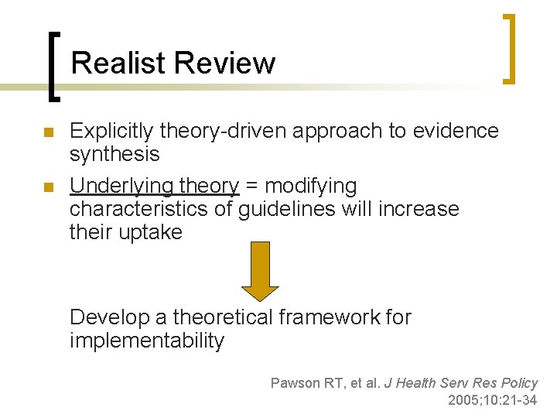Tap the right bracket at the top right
coord(508,48)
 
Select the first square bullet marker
coord(49,132)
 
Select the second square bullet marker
coord(49,187)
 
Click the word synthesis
coord(114,154)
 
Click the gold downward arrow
coord(260,270)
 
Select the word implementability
coord(147,340)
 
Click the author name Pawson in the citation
coord(294,382)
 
